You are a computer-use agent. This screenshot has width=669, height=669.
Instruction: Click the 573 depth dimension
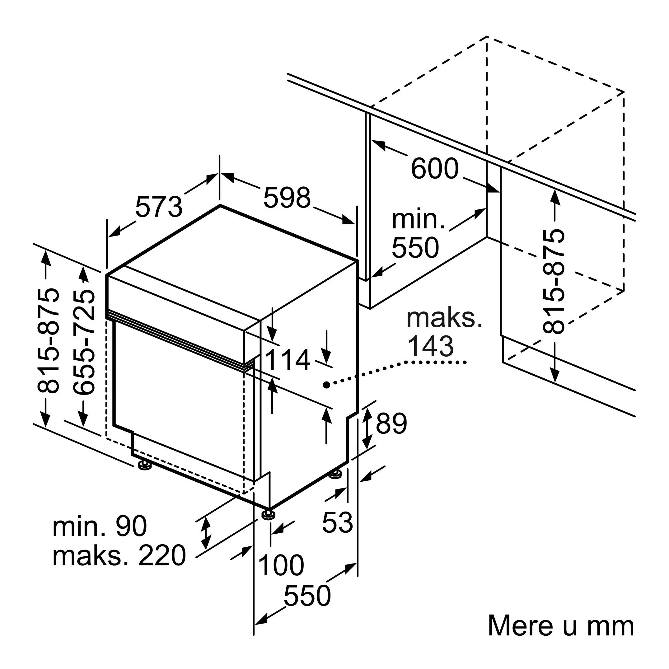coord(159,207)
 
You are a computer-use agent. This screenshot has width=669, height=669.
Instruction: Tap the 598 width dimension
coord(287,198)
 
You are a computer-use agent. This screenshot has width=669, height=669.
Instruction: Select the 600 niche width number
coord(435,169)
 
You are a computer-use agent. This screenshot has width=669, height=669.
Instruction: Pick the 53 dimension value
coord(337,522)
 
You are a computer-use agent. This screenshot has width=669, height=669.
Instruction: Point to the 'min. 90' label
coord(100,526)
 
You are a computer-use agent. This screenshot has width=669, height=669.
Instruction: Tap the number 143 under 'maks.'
coord(430,346)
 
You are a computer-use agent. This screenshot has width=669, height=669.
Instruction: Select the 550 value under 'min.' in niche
coord(415,248)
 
